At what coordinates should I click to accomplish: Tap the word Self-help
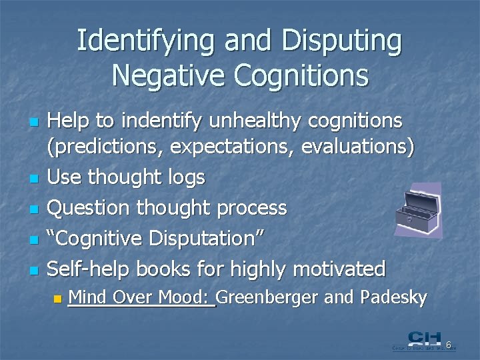90,269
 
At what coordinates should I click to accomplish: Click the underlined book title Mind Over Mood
141,297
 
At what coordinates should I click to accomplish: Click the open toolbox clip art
418,210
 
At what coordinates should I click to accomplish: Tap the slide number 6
449,345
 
